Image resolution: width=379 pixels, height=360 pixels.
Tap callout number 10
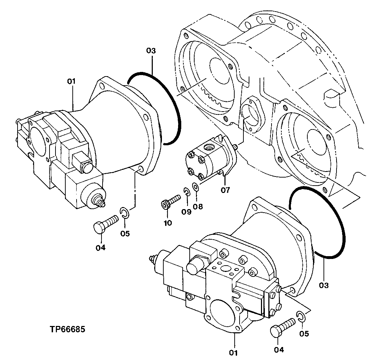tap(168, 222)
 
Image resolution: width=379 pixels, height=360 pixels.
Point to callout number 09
tap(187, 212)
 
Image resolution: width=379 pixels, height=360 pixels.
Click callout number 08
tap(198, 207)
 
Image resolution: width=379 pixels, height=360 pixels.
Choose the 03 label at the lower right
tap(324, 285)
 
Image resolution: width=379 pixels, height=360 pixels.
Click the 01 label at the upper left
tap(71, 81)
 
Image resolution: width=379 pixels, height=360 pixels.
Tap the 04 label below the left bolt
tap(100, 248)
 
